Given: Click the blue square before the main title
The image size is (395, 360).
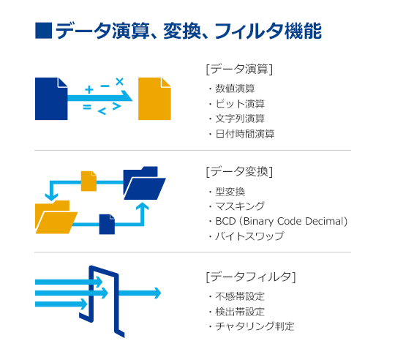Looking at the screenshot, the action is click(44, 31).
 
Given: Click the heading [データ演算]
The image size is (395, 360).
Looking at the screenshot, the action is click(239, 69).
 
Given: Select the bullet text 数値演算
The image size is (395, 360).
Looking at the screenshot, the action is click(235, 89).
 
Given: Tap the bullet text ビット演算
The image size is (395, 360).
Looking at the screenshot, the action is click(240, 104).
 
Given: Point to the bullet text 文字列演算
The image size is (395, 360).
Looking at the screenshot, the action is click(240, 119).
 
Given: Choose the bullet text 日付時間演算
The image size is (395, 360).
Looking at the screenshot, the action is click(245, 134).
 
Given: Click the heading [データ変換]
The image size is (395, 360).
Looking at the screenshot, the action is click(239, 172).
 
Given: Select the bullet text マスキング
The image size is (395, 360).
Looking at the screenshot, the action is click(240, 206).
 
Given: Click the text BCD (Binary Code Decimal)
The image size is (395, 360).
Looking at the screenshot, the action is click(282, 221).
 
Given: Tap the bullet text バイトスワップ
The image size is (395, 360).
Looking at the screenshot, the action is click(249, 236).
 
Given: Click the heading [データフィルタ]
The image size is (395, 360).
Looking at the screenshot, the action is click(251, 277).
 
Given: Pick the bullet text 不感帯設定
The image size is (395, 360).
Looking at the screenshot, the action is click(240, 296).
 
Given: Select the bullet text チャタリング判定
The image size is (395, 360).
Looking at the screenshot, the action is click(255, 326).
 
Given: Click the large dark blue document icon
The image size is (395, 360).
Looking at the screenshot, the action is click(51, 99).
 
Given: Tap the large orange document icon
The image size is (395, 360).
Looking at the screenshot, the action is click(154, 99).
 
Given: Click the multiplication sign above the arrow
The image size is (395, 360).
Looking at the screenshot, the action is click(119, 82).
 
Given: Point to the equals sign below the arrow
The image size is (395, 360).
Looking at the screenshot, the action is click(87, 107).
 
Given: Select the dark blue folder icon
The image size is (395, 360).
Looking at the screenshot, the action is click(144, 183).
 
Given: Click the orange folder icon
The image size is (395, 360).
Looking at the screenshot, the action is click(56, 217).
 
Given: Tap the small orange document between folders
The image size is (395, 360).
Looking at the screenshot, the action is click(89, 181).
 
